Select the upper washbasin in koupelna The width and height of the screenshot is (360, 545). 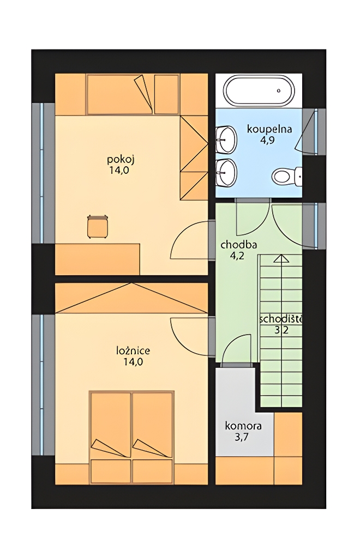coord(226,140)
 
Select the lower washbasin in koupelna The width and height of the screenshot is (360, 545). coord(226,173)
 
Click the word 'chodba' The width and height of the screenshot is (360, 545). coord(239,245)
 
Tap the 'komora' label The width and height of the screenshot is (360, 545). coord(243,426)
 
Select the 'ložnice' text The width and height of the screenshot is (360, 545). coord(133,350)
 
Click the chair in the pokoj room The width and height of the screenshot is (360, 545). coord(98,227)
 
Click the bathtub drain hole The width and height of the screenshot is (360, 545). coord(279,90)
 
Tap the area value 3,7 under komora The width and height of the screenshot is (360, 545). coord(242,437)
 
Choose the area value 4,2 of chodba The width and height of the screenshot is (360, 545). coord(237,256)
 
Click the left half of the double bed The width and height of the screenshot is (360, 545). coord(111,438)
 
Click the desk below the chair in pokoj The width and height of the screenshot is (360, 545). coord(98,259)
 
